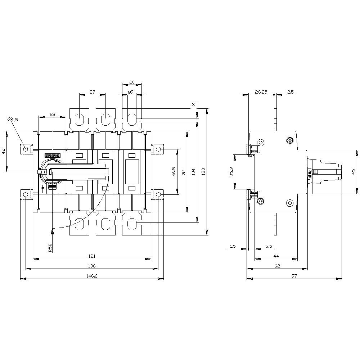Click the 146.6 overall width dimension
92,275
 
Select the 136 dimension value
92,266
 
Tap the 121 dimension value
92,256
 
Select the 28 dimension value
52,114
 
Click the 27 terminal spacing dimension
92,92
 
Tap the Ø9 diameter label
131,92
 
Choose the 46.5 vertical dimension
174,171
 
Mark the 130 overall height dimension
203,171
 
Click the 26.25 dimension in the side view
261,92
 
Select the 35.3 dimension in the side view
231,172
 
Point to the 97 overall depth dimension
294,275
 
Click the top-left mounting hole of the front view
26,149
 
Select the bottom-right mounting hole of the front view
159,195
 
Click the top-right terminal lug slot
132,118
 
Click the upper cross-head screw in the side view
290,140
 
